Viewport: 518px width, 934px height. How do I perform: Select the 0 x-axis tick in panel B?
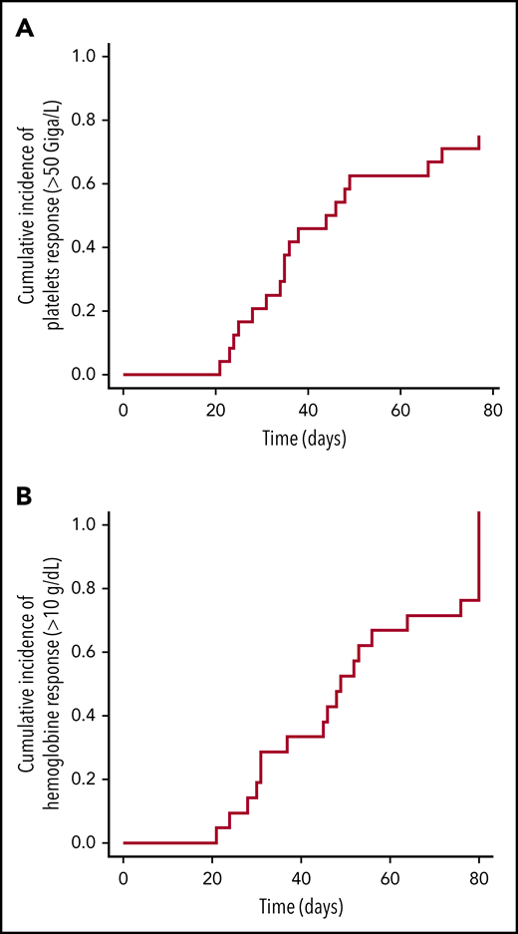coord(124,879)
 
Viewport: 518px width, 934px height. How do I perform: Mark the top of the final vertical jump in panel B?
coord(479,512)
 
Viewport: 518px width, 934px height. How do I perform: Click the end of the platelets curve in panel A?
coord(479,137)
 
